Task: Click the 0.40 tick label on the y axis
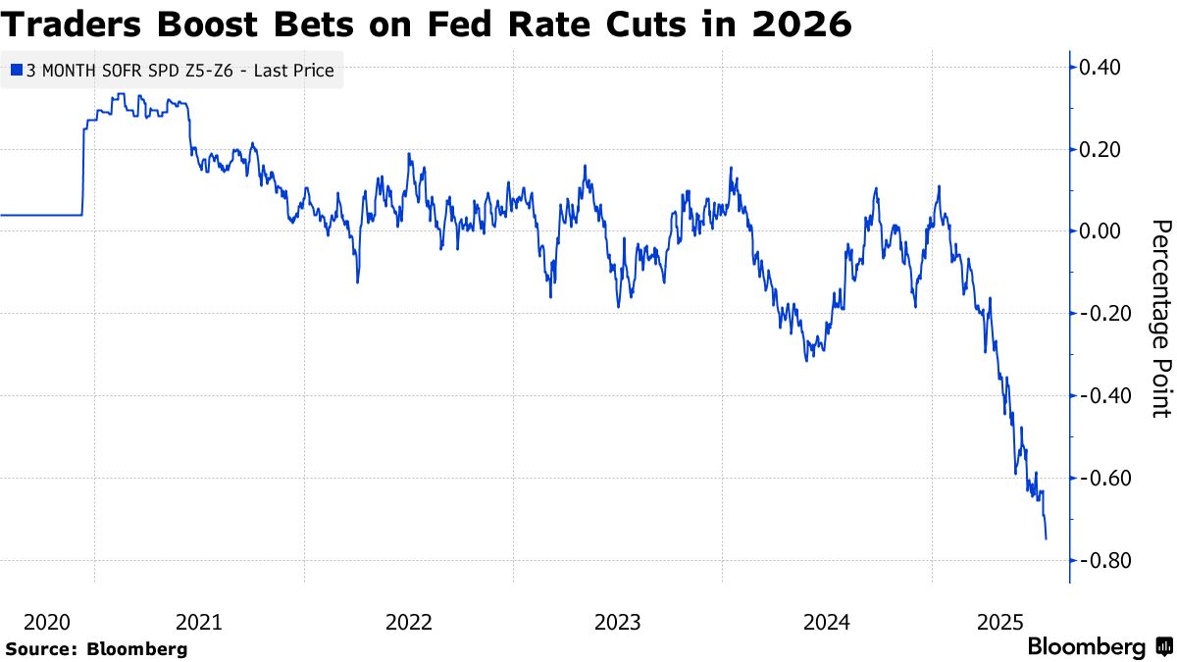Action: pos(1100,68)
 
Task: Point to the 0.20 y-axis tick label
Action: pos(1100,150)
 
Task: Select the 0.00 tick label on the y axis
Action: pos(1100,231)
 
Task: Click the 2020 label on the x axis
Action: pos(46,622)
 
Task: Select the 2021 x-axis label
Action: pos(199,622)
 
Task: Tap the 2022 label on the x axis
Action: pos(409,622)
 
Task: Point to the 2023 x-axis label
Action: pos(618,622)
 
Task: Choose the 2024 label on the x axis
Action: pos(827,622)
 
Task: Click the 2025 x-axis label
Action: pos(1000,622)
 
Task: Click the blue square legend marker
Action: pos(15,71)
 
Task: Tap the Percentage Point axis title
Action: pos(1160,318)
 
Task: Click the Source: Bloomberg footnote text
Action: pos(96,648)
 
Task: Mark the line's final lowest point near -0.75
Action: pos(1046,538)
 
